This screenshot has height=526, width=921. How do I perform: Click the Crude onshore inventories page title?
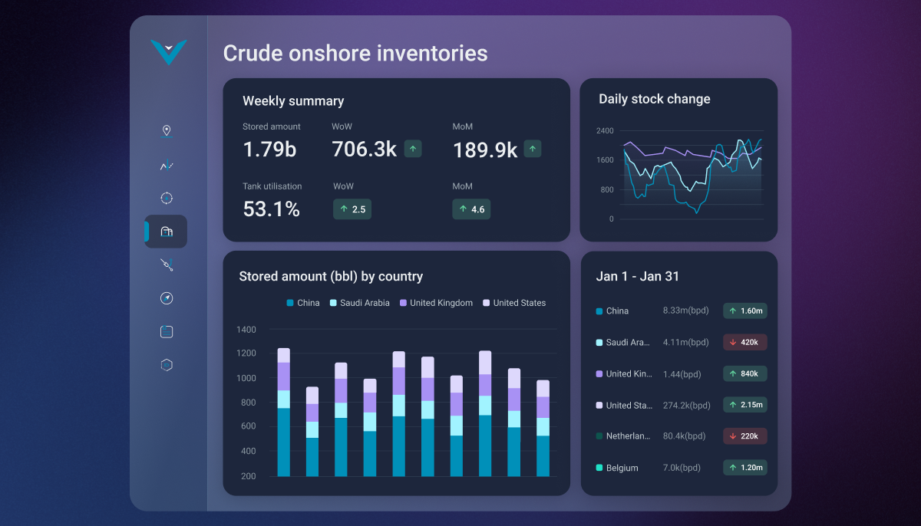(x=355, y=53)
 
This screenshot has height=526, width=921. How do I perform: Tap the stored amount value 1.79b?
(x=269, y=150)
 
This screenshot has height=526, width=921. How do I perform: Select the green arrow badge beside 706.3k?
(x=413, y=149)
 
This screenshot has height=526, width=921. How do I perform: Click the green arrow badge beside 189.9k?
(x=533, y=149)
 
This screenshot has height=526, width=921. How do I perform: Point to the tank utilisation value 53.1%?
(x=271, y=209)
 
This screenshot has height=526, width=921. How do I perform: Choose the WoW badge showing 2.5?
(x=352, y=209)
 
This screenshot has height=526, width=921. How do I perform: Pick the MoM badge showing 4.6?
(x=471, y=209)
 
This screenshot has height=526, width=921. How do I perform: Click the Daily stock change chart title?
(x=654, y=99)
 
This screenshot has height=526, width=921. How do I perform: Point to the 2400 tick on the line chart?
(x=606, y=131)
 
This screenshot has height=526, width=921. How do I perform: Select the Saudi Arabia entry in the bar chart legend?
(x=360, y=303)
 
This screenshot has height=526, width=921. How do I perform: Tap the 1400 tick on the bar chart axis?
(x=246, y=330)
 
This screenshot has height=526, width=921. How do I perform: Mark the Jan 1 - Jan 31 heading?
(x=637, y=277)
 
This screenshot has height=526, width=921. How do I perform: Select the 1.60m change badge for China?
(x=744, y=311)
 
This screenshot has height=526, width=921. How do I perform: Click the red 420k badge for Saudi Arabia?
(x=744, y=343)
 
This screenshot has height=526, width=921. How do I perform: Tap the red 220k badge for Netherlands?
(x=744, y=436)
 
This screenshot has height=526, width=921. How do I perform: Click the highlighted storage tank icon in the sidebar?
(x=167, y=232)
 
